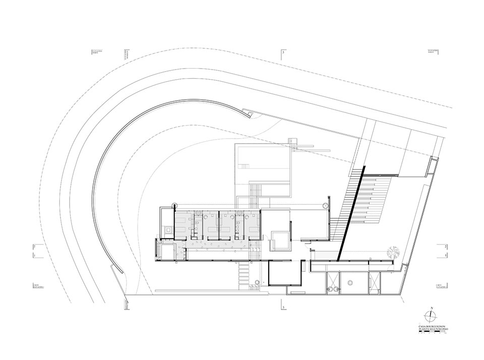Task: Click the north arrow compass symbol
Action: [430, 316]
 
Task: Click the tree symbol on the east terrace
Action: [393, 251]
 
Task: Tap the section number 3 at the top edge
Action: [283, 52]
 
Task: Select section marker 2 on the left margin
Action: [33, 247]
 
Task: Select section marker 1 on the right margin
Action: [447, 256]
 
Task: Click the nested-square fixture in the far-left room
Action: [168, 229]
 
